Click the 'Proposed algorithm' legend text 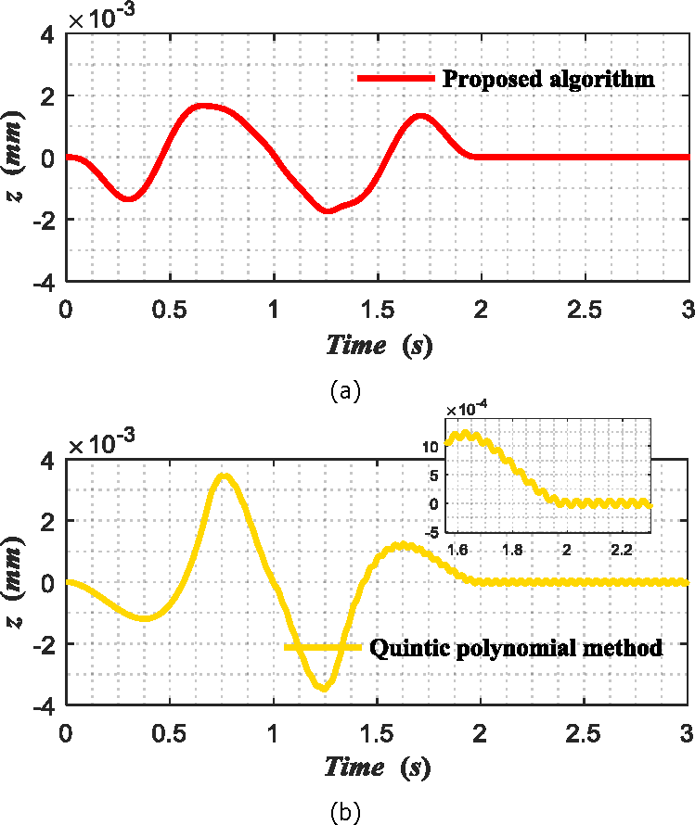(548, 78)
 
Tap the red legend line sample (396, 79)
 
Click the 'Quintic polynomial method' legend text (517, 648)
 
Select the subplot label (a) (345, 391)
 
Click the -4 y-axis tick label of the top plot (45, 281)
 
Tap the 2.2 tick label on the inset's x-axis (621, 549)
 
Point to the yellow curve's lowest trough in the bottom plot (322, 687)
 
